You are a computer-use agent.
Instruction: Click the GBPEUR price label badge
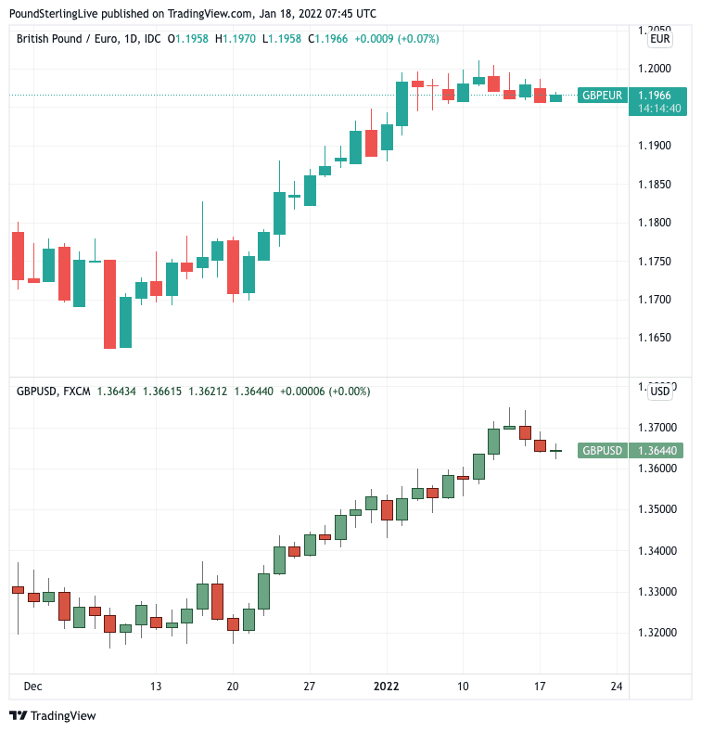tap(602, 95)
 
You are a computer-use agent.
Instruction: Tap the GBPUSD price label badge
tap(602, 451)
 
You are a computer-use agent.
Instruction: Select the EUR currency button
tap(660, 39)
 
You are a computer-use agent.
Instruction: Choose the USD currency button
tap(660, 392)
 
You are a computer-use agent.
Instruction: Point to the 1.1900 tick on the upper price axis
tap(660, 146)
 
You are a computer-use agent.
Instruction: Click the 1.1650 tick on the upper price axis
tap(660, 339)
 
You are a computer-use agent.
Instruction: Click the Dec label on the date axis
tap(32, 687)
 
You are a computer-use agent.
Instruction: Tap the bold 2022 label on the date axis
tap(386, 687)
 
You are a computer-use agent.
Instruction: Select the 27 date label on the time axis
tap(309, 687)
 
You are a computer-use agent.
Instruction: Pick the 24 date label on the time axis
tap(617, 687)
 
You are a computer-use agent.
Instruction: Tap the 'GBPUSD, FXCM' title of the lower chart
tap(54, 392)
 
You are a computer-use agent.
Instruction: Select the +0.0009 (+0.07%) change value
tap(397, 39)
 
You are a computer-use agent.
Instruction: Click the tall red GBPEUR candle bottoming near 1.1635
tap(109, 304)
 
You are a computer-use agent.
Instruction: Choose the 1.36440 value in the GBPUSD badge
tap(658, 451)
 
